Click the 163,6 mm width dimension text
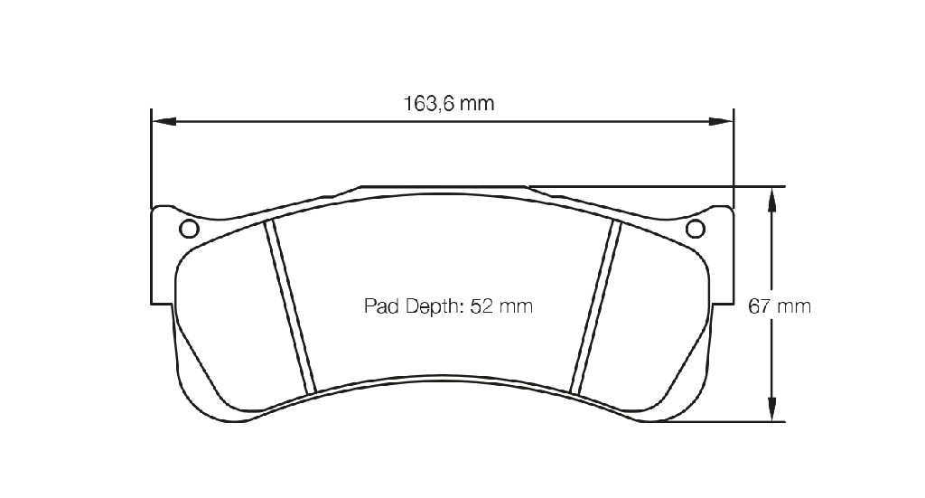pyautogui.click(x=448, y=104)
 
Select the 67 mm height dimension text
pyautogui.click(x=780, y=306)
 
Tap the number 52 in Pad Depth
pyautogui.click(x=481, y=306)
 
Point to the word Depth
pyautogui.click(x=434, y=306)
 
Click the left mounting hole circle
pyautogui.click(x=189, y=229)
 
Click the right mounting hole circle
pyautogui.click(x=696, y=229)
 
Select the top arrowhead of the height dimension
pyautogui.click(x=771, y=199)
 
